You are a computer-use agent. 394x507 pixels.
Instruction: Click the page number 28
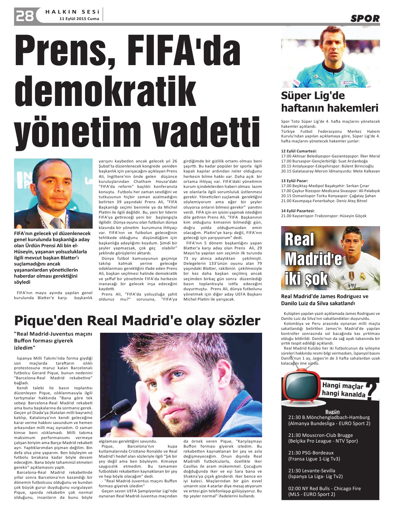click(x=24, y=16)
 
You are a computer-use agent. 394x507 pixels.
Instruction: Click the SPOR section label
click(x=365, y=19)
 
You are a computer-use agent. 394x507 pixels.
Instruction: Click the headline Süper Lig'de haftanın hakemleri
click(x=329, y=102)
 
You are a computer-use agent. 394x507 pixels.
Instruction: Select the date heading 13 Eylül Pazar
click(x=294, y=181)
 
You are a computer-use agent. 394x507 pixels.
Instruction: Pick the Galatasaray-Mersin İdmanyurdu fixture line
click(x=330, y=171)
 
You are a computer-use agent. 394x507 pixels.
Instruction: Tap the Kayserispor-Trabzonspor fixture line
click(x=324, y=216)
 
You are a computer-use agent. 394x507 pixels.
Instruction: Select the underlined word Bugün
click(x=332, y=411)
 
